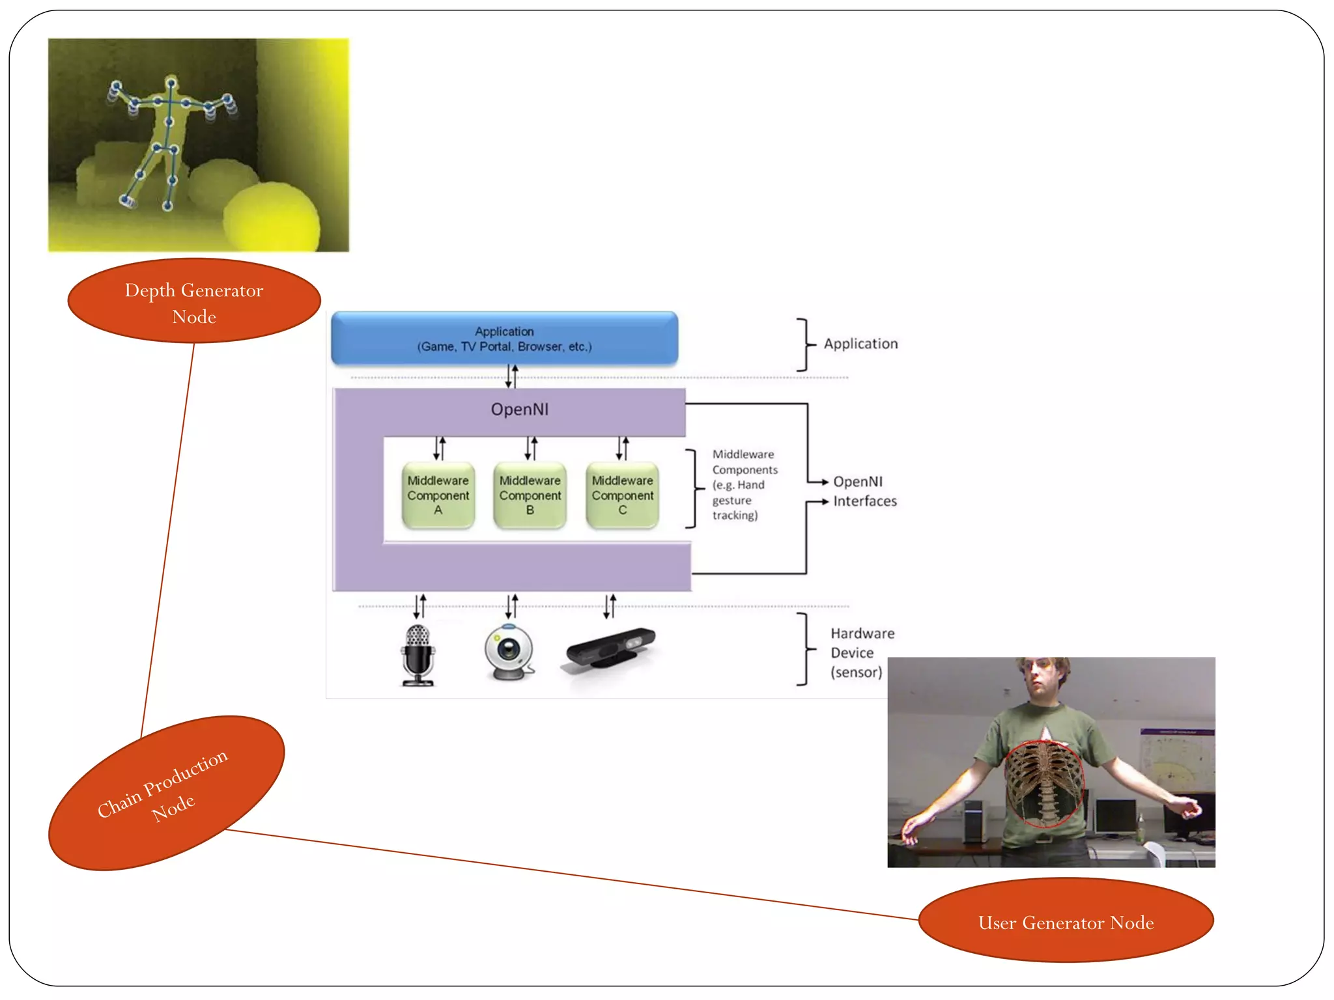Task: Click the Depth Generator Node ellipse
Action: (194, 301)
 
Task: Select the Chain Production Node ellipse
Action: (167, 792)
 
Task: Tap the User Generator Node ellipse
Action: (1066, 921)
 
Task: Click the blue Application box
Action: (504, 339)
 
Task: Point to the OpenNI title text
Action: (519, 410)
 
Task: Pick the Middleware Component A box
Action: (438, 495)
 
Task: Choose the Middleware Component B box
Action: (530, 495)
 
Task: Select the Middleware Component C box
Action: (622, 495)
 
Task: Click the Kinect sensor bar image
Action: (610, 648)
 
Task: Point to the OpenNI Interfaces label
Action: (864, 492)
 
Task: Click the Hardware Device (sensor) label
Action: (861, 652)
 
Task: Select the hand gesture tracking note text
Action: (744, 485)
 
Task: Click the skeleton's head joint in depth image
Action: (171, 83)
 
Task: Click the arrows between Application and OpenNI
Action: (512, 376)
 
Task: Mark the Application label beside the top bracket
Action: (860, 344)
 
